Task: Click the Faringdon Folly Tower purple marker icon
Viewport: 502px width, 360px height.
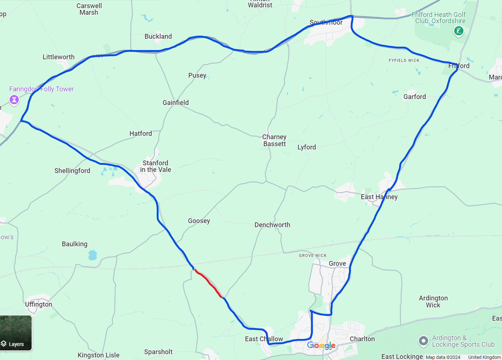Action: click(14, 99)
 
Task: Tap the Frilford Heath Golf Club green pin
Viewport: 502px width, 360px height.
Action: click(458, 31)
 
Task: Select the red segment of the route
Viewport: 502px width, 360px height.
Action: click(209, 283)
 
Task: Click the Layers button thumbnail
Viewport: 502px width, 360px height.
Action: click(16, 333)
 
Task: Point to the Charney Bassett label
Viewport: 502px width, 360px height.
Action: click(274, 140)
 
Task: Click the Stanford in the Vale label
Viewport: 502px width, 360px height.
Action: click(155, 166)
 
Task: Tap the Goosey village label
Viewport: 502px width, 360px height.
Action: click(199, 221)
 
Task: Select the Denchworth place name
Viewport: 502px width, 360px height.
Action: click(272, 225)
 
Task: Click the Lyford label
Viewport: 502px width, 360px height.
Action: click(307, 147)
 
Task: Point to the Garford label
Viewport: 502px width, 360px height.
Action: click(414, 97)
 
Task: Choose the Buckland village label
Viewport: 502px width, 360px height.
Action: click(158, 36)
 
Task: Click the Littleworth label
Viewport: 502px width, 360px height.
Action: click(58, 57)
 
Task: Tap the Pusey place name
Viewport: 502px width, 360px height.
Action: click(197, 75)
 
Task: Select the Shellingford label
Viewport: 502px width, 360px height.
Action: click(72, 171)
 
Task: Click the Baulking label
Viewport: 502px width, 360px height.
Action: click(75, 244)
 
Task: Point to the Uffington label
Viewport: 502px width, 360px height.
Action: click(39, 304)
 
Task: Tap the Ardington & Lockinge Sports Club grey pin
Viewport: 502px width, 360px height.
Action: click(423, 340)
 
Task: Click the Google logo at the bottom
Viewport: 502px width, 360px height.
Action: click(321, 345)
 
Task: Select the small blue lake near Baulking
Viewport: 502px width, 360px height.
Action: click(92, 255)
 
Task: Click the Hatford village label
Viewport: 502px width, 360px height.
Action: click(140, 134)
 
